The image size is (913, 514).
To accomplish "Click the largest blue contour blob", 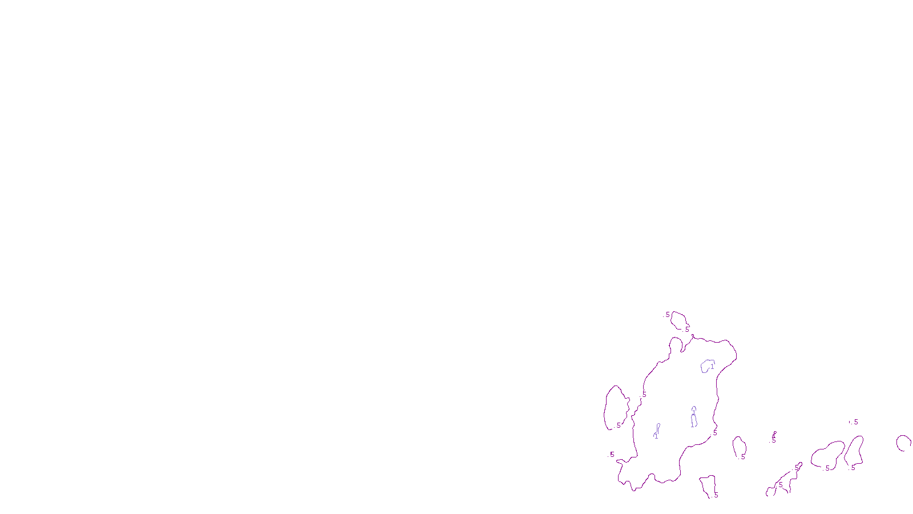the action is (x=708, y=366).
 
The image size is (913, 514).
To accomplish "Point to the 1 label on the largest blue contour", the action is (x=712, y=367).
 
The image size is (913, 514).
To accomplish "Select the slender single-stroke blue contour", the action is (x=657, y=431).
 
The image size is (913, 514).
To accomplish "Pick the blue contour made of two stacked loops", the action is (x=693, y=416).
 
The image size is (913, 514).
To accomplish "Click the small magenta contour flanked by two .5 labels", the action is (x=678, y=320).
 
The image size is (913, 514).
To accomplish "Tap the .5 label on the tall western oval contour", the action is (x=618, y=425).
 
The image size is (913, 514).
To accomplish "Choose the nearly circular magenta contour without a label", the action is (x=903, y=443).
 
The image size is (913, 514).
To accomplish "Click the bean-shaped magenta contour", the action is (x=828, y=455).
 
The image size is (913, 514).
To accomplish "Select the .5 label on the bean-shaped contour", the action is (x=827, y=468).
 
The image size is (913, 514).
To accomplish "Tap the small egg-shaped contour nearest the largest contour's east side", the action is (x=739, y=447).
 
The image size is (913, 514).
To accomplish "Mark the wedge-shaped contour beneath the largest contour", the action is (x=708, y=485).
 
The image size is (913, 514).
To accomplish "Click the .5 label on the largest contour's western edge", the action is (x=644, y=395).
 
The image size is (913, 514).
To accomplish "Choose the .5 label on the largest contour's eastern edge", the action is (x=714, y=433).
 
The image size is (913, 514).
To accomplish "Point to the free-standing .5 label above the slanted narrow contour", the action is (x=855, y=422).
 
